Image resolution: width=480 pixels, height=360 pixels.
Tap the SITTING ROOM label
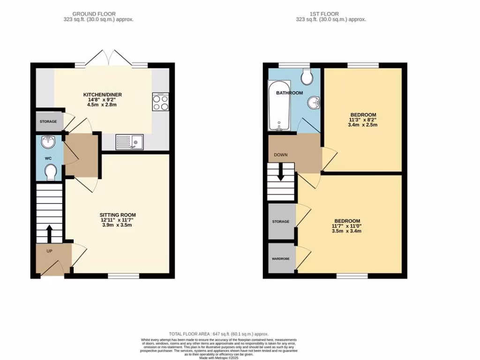(115, 215)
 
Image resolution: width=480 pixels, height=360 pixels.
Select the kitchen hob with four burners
(160, 102)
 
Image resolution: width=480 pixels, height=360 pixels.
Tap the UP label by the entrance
(49, 251)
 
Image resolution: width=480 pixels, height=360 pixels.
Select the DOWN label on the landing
(281, 155)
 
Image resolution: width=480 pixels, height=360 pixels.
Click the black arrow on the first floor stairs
(280, 173)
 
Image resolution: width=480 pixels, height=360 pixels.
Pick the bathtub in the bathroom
(279, 106)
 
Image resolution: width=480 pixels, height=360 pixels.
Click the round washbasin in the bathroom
(315, 102)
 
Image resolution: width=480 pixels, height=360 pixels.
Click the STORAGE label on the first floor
(281, 221)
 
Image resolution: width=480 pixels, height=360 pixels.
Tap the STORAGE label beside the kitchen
(48, 121)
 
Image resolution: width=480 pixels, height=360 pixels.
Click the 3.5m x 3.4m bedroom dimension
(347, 231)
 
